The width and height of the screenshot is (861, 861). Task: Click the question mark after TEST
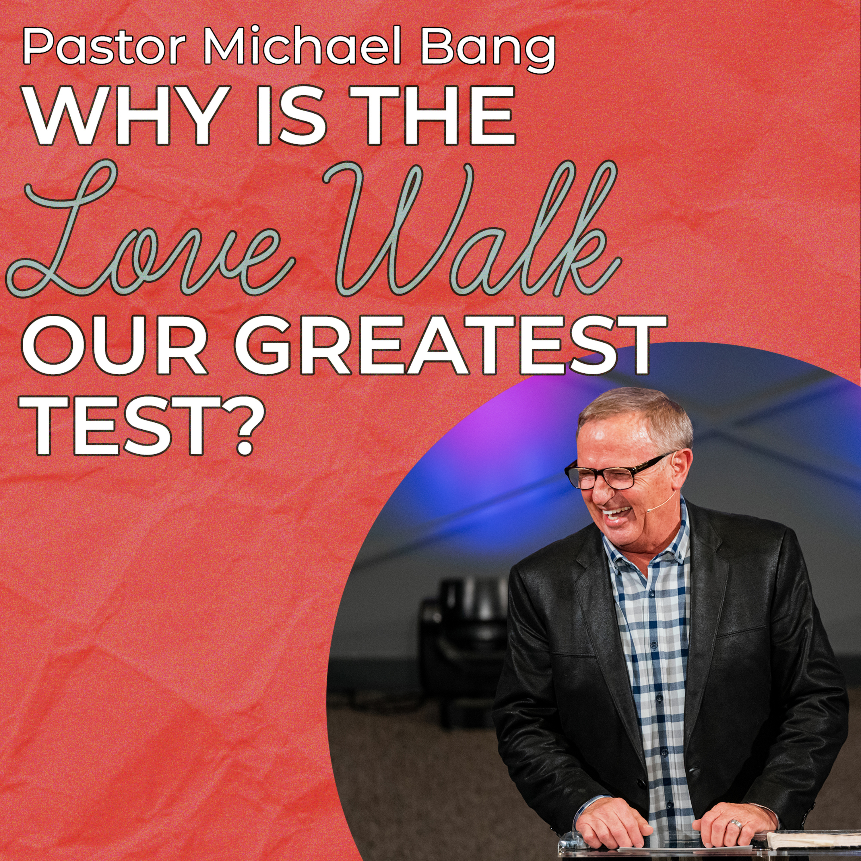pyautogui.click(x=241, y=425)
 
